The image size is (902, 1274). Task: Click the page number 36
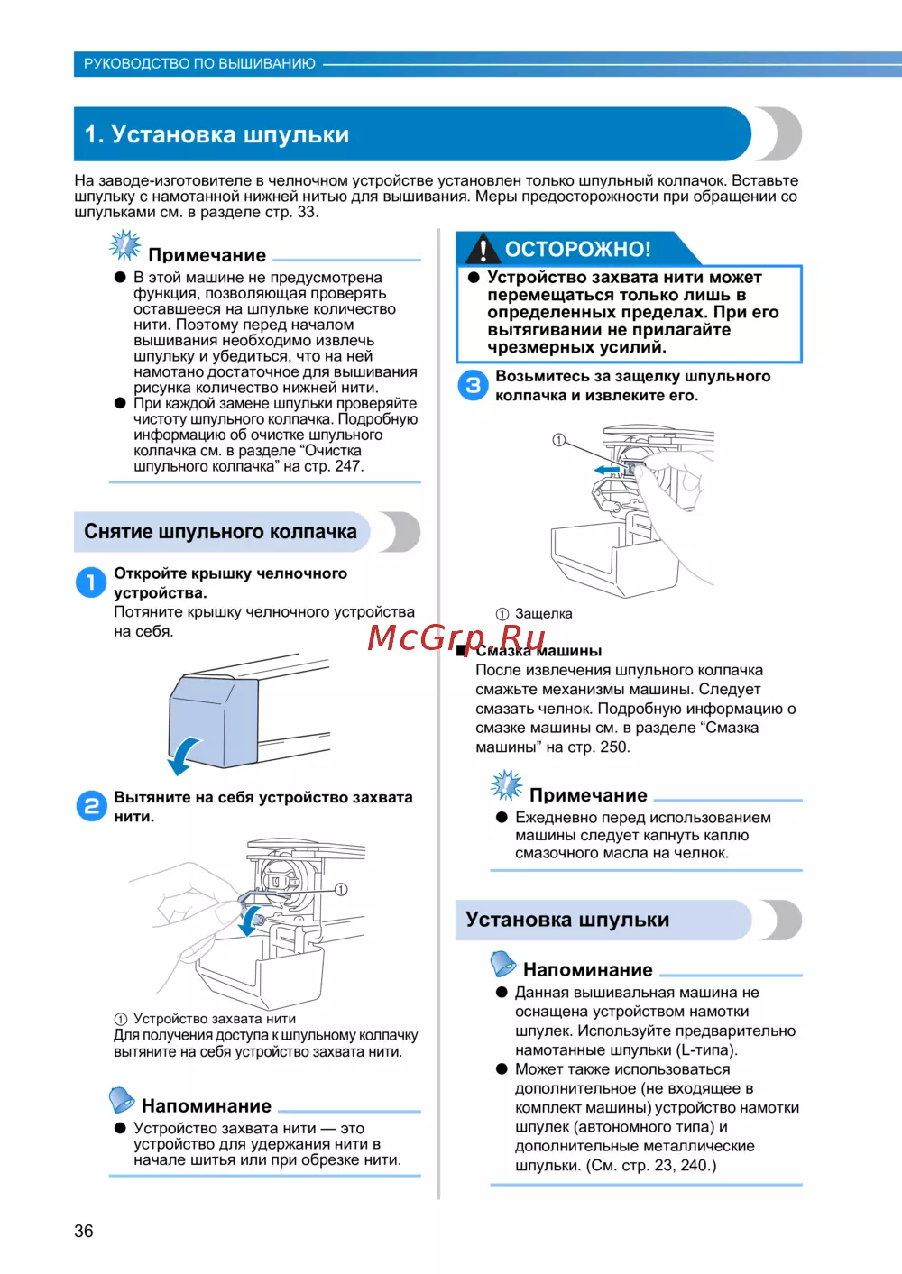[84, 1231]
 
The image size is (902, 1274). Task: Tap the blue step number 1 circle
[90, 582]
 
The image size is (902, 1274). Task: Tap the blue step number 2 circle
[91, 805]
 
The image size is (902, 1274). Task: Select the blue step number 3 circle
[473, 385]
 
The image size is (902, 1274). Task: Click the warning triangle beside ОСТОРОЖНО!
[484, 249]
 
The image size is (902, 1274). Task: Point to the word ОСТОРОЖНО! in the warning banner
[577, 249]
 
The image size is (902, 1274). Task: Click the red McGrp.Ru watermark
[456, 637]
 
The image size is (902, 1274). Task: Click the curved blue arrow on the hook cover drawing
[185, 755]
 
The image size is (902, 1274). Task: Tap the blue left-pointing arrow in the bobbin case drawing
[606, 470]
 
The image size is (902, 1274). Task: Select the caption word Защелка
[543, 614]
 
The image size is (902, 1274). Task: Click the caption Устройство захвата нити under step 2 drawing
[215, 1019]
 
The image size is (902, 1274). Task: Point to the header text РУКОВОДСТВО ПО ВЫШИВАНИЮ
[199, 64]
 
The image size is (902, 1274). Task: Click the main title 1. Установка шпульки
[216, 134]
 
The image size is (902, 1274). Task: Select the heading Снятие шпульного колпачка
[220, 531]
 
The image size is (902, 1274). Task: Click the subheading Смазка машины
[538, 651]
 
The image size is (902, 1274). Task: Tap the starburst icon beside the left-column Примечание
[125, 245]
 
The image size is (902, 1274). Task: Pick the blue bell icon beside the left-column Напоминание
[122, 1100]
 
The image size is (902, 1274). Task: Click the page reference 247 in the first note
[347, 466]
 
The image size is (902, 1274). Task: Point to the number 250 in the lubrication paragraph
[613, 747]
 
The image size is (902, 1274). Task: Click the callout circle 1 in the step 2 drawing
[341, 889]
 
